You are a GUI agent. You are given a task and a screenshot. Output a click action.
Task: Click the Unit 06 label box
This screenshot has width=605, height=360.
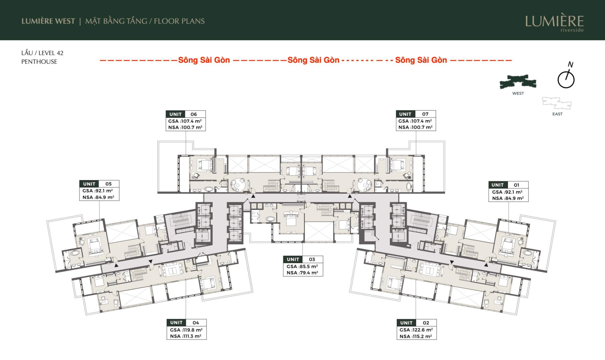tap(186, 121)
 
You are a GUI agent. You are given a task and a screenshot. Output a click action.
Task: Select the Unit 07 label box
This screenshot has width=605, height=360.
tap(416, 121)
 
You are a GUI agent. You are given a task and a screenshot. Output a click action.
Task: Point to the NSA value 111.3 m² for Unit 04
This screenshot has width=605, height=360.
tap(186, 336)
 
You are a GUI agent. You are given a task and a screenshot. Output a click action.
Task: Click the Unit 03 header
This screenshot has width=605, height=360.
tap(303, 259)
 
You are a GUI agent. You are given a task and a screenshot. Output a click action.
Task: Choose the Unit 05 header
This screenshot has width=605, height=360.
tap(99, 184)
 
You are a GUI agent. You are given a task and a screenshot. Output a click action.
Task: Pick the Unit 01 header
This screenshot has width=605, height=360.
tap(508, 185)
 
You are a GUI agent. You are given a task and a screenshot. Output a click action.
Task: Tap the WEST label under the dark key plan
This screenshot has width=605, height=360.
tap(518, 93)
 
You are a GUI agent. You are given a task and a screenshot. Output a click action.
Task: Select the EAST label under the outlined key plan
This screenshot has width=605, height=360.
tap(557, 114)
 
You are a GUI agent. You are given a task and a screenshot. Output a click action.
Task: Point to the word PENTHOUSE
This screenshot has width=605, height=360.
tap(39, 61)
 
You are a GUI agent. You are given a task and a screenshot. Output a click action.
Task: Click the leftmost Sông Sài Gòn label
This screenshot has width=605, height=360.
tap(204, 60)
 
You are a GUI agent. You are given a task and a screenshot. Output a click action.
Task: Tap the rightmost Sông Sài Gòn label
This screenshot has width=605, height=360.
tap(421, 60)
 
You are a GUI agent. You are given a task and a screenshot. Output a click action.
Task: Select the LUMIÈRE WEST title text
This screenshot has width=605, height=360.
tap(48, 21)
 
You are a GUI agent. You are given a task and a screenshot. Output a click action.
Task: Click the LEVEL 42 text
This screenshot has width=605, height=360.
tap(51, 53)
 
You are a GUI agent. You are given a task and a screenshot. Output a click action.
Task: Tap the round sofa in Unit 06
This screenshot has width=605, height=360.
tap(238, 184)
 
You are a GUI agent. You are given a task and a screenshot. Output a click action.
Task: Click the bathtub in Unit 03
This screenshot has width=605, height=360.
tap(270, 219)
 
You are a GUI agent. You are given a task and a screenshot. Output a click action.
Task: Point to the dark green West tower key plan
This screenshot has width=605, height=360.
tap(518, 82)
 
